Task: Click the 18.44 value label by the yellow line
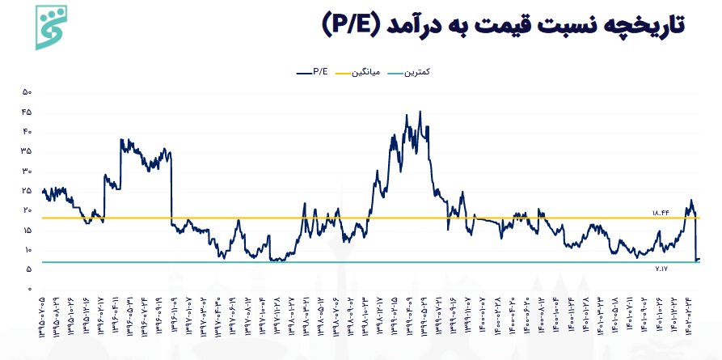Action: (661, 213)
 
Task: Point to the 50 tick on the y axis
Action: (27, 91)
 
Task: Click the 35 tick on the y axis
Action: (27, 151)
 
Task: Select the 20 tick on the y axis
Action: (27, 210)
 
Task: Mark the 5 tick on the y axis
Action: (28, 269)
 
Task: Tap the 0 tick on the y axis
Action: (28, 289)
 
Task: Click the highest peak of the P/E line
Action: (420, 112)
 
